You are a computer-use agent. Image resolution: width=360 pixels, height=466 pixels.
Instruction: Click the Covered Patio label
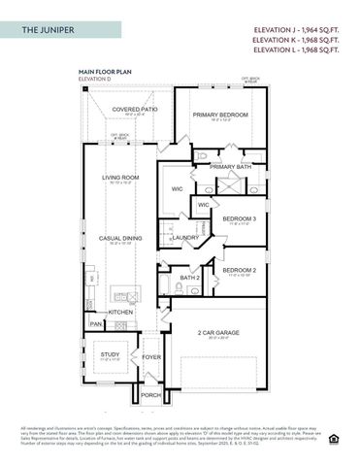coord(134,110)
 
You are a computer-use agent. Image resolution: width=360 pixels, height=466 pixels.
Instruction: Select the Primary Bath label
coord(230,167)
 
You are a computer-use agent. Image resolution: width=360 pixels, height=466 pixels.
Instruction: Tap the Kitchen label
coord(120,312)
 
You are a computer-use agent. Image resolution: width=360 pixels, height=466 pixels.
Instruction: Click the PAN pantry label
coord(96,323)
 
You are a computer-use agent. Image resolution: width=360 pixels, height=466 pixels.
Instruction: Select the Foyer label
coord(151,356)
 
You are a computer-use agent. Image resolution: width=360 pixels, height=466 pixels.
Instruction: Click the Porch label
coord(150,395)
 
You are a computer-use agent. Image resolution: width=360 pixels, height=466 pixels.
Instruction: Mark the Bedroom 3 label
coord(239,218)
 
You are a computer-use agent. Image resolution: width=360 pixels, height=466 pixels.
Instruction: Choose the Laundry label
coord(185,237)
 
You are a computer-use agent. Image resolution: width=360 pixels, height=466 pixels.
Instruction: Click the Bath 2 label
coord(189,278)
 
